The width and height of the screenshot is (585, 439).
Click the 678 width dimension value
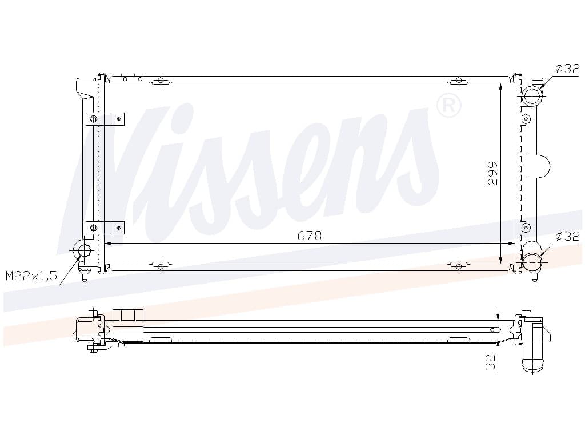[x=309, y=236]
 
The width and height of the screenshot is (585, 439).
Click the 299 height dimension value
[x=492, y=174]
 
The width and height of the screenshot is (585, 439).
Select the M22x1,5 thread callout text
[x=31, y=276]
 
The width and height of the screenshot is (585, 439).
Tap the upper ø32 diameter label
[x=567, y=69]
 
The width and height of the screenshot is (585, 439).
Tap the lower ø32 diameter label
[x=567, y=236]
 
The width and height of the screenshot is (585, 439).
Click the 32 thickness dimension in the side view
[x=491, y=362]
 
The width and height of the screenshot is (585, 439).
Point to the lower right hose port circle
[x=532, y=261]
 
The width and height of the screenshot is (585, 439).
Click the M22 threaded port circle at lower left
[x=85, y=251]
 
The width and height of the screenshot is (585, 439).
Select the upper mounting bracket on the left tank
[x=105, y=119]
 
